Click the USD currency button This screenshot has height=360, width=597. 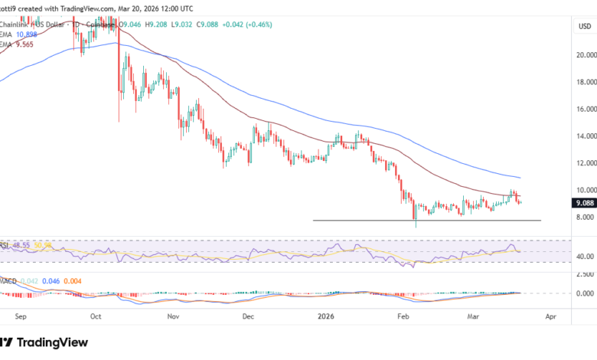pyautogui.click(x=583, y=26)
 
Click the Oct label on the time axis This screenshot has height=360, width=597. pyautogui.click(x=96, y=315)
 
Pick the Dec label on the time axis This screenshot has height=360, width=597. pyautogui.click(x=247, y=315)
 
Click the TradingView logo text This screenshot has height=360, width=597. pyautogui.click(x=54, y=342)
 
